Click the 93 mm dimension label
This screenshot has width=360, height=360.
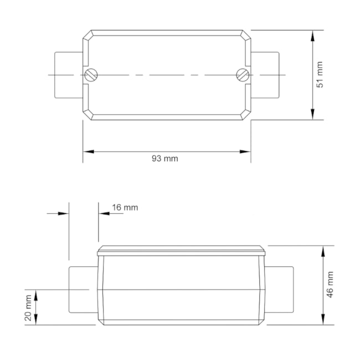(x=165, y=158)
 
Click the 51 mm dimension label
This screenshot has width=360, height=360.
(x=320, y=75)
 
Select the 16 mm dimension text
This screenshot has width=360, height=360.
(x=125, y=208)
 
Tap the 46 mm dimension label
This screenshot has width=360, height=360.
(x=331, y=285)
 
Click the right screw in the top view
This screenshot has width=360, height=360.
(x=241, y=75)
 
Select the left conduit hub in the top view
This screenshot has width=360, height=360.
(x=69, y=75)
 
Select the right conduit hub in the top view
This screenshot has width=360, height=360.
(x=265, y=75)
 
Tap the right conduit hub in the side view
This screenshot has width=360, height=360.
(x=279, y=289)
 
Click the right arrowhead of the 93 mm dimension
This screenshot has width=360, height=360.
(x=245, y=151)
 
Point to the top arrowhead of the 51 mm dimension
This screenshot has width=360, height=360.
(x=313, y=35)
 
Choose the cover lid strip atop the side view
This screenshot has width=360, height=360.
(x=182, y=251)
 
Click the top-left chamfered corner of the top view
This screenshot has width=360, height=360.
(x=88, y=35)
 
